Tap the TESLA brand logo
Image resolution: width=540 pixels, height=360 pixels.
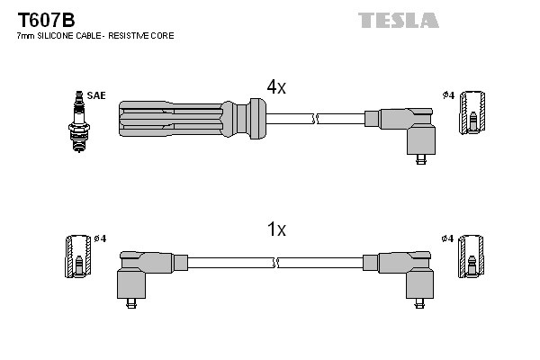pyautogui.click(x=398, y=20)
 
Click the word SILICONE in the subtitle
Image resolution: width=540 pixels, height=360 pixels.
pyautogui.click(x=60, y=36)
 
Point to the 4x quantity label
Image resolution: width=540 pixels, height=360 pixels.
pyautogui.click(x=275, y=86)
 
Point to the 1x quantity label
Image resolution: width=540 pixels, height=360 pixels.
pyautogui.click(x=275, y=229)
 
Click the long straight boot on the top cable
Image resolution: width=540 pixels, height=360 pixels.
pyautogui.click(x=189, y=118)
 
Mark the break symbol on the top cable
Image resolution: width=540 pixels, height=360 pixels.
pyautogui.click(x=312, y=118)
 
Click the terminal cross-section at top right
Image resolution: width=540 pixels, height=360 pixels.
pyautogui.click(x=473, y=112)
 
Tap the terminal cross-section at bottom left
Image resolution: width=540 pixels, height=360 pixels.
pyautogui.click(x=78, y=256)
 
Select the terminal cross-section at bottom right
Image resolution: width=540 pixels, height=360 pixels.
pyautogui.click(x=473, y=256)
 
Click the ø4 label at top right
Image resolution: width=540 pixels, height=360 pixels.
pyautogui.click(x=447, y=94)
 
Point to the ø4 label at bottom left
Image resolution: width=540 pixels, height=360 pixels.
pyautogui.click(x=99, y=238)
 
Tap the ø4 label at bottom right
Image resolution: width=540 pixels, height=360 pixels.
pyautogui.click(x=447, y=238)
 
